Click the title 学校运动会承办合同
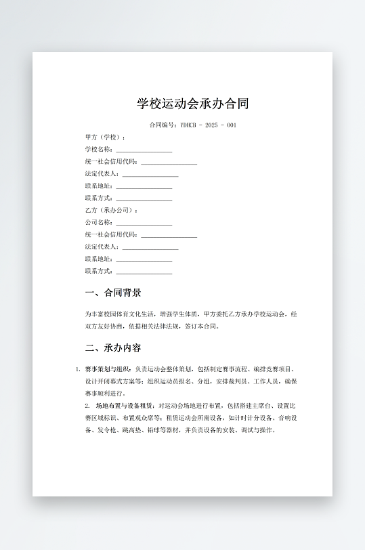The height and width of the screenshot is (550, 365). (x=193, y=104)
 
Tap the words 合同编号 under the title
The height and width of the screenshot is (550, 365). (x=163, y=125)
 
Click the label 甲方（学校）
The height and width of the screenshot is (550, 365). (x=105, y=137)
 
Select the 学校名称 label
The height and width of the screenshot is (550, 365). (x=99, y=150)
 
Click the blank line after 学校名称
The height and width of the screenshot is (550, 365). (x=144, y=150)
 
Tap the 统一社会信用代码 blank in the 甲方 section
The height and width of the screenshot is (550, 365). (x=169, y=163)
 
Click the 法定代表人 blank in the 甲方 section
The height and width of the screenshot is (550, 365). (x=150, y=175)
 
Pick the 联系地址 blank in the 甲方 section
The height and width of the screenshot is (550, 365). (x=144, y=187)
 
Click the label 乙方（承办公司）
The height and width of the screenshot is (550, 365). (x=111, y=211)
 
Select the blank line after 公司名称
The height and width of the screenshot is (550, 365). (x=144, y=223)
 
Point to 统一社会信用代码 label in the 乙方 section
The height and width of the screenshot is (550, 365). (x=111, y=235)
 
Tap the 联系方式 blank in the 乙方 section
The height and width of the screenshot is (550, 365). (x=144, y=272)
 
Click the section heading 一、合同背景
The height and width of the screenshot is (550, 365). (x=113, y=293)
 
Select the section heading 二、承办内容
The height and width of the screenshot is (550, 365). (x=113, y=348)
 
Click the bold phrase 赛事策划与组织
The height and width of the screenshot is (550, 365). (x=108, y=369)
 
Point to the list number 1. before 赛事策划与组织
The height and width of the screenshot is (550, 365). (x=78, y=369)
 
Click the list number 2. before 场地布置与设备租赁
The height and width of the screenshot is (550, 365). (x=87, y=406)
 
